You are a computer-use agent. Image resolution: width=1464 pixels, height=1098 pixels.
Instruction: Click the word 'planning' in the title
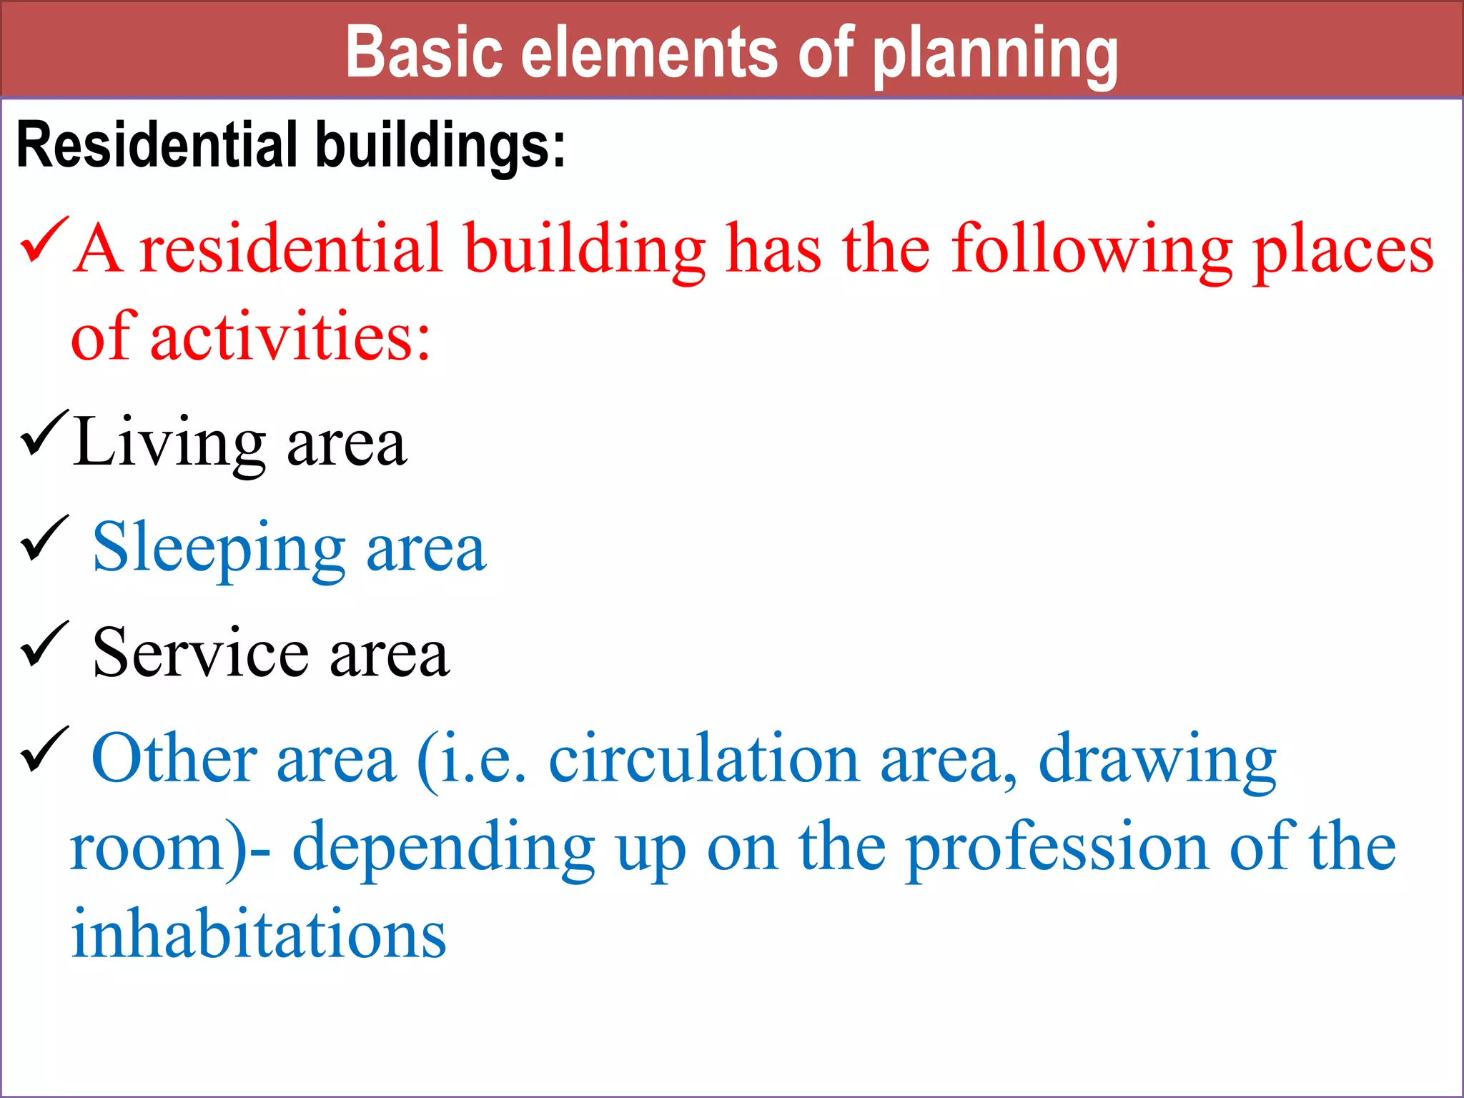click(995, 54)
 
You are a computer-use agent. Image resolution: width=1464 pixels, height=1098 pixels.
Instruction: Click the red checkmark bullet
click(44, 241)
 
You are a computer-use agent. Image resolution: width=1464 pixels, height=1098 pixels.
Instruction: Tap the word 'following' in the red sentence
click(1092, 250)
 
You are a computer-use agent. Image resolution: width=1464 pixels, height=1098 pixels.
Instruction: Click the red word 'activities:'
click(290, 337)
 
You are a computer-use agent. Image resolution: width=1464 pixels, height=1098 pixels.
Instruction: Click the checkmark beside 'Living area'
click(44, 434)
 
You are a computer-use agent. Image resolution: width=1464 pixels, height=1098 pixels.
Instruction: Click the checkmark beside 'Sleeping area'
click(44, 540)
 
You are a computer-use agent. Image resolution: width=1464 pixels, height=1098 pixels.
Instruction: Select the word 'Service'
click(201, 653)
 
